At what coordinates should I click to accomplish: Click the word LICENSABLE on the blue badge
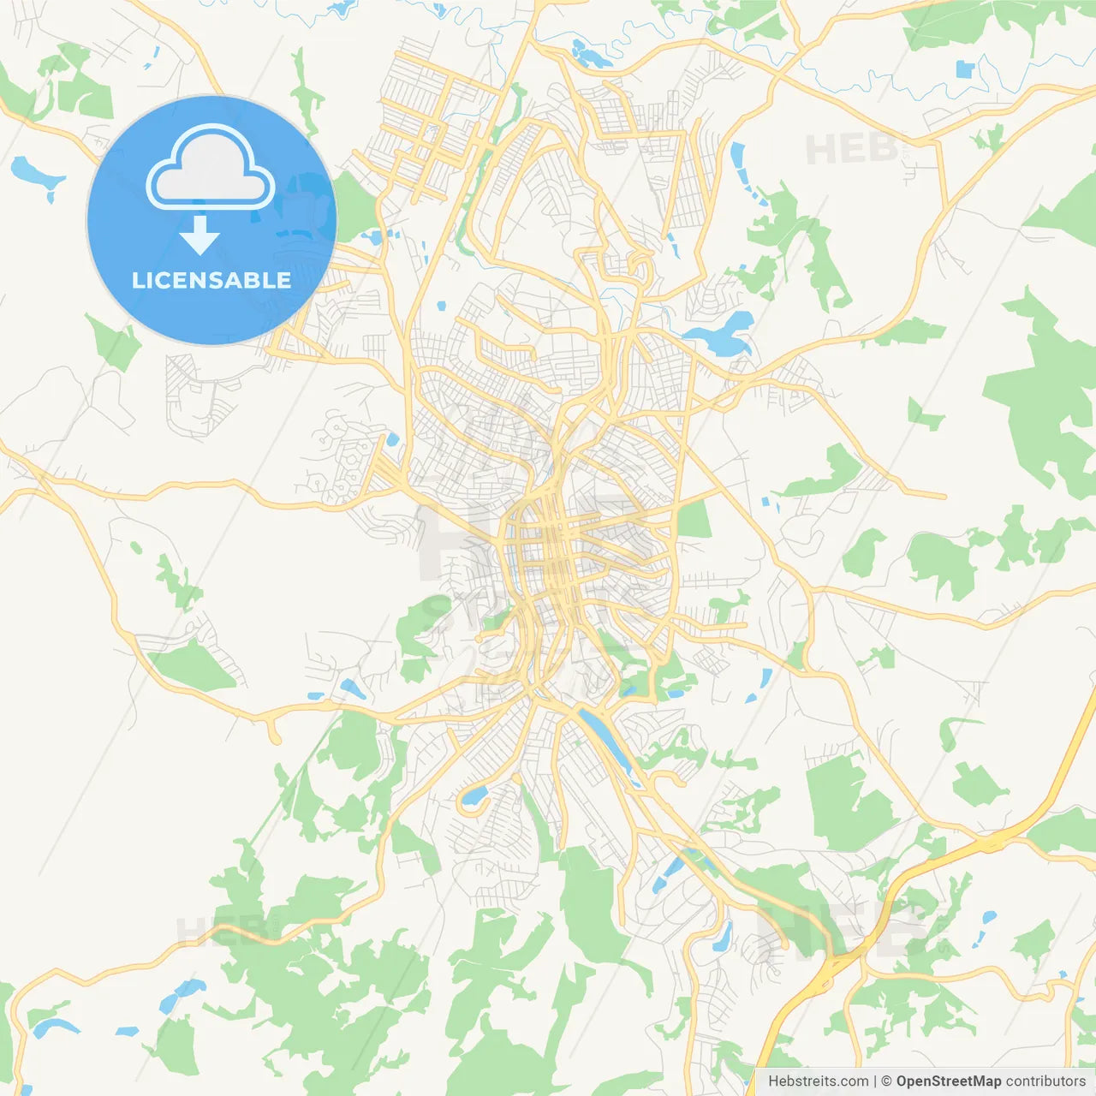(x=211, y=280)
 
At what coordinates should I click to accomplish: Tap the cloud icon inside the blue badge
(x=211, y=169)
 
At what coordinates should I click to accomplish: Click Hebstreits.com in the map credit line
(x=818, y=1081)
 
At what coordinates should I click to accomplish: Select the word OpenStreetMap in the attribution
(x=948, y=1081)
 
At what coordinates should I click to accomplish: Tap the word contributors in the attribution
(x=1045, y=1081)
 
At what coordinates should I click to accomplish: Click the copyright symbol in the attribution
(x=886, y=1081)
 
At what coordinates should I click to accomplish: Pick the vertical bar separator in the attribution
(x=874, y=1081)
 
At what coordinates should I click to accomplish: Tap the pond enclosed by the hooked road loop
(x=472, y=796)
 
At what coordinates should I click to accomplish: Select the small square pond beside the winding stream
(x=965, y=69)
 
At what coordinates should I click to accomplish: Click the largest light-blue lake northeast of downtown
(x=724, y=336)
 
